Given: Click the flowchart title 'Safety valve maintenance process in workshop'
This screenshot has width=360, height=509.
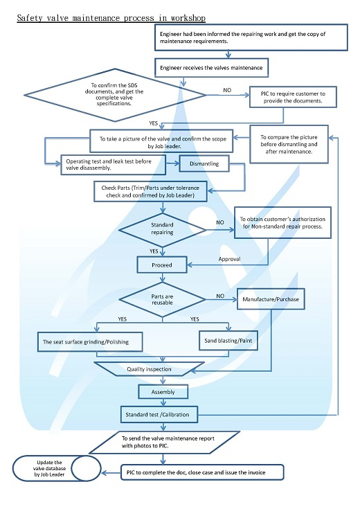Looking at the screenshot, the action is click(x=111, y=18).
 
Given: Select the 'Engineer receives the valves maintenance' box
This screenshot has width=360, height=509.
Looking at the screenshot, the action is click(x=212, y=68).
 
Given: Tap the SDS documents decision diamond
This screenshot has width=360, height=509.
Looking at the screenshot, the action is click(x=115, y=95).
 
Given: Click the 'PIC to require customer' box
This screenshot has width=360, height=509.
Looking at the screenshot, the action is click(x=293, y=97).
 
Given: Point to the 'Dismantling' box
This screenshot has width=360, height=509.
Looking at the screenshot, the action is click(x=204, y=163).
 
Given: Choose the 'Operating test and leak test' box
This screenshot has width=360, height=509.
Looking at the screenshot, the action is click(x=114, y=165).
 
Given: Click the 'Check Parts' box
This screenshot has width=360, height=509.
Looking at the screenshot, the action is click(x=150, y=192).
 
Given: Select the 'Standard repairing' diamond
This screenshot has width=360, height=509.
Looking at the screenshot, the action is click(x=162, y=230).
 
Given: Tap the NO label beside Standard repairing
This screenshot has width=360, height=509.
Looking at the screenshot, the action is click(x=220, y=222).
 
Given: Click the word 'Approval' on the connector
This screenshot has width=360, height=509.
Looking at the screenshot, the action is click(x=230, y=259).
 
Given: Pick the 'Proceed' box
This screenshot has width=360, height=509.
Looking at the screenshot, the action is click(x=162, y=265).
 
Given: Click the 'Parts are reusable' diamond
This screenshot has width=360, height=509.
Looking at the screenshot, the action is click(x=162, y=300).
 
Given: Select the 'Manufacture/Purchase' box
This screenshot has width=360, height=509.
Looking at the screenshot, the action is click(x=271, y=299).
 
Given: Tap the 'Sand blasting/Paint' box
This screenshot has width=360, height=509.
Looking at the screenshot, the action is click(x=228, y=341).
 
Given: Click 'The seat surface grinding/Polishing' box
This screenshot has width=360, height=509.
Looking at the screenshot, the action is click(x=90, y=342).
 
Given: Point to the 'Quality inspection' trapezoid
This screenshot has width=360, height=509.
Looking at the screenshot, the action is click(x=150, y=369).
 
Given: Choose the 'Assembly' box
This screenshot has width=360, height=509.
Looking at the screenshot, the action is click(x=163, y=392).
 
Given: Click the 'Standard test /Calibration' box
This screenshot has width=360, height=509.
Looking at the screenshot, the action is click(x=159, y=415).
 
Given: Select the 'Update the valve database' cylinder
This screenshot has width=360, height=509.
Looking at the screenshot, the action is click(x=57, y=468).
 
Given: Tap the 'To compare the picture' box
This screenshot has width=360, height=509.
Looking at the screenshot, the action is click(x=289, y=144).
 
